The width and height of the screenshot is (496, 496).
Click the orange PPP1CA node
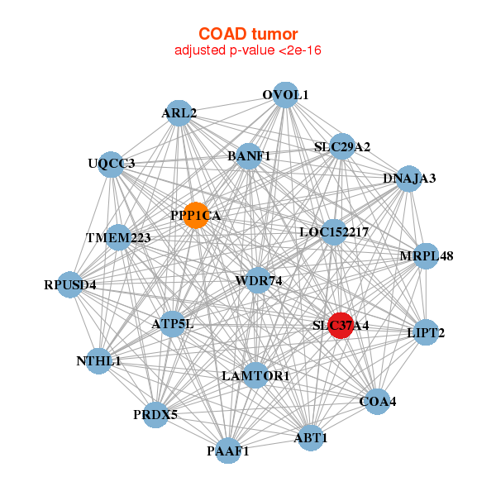(x=196, y=216)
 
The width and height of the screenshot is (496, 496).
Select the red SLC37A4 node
(x=341, y=325)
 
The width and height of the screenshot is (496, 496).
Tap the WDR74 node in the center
(x=258, y=281)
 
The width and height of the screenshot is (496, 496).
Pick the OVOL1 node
(x=284, y=95)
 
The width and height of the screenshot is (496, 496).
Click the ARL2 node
(x=179, y=113)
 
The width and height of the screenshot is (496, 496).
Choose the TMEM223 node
(x=119, y=238)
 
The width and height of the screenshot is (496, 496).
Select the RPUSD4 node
(x=70, y=286)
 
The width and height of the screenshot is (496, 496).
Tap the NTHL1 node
(x=98, y=361)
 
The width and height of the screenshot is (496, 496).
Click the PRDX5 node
(x=155, y=414)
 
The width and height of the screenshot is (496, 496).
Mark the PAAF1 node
(x=228, y=451)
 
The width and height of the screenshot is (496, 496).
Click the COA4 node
(x=377, y=402)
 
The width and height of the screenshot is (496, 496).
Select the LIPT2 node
(x=426, y=333)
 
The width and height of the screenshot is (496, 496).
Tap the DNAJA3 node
(x=408, y=179)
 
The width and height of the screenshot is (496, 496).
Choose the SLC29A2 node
(x=341, y=147)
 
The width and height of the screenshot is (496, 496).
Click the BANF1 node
(x=249, y=155)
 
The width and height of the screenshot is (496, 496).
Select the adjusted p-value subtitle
(x=247, y=50)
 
